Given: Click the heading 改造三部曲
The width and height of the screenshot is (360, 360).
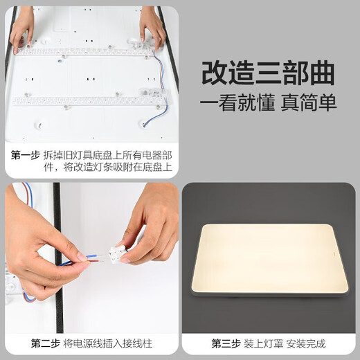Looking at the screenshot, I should pyautogui.click(x=269, y=73).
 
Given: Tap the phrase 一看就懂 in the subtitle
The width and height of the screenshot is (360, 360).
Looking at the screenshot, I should pyautogui.click(x=237, y=103).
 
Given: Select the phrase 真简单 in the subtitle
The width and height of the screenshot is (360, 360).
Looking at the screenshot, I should pyautogui.click(x=309, y=103).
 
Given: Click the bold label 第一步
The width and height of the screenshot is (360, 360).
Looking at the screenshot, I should pyautogui.click(x=25, y=156).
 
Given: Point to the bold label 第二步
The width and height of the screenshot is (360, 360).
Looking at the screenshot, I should pyautogui.click(x=45, y=343).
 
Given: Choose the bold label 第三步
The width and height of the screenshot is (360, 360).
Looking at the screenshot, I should pyautogui.click(x=225, y=343).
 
